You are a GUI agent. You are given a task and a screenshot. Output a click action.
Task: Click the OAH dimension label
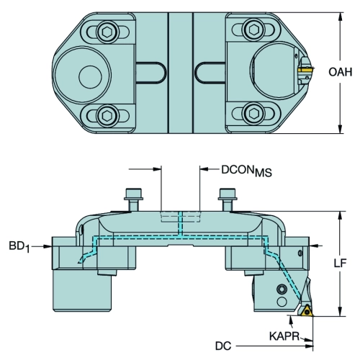pos(341,72)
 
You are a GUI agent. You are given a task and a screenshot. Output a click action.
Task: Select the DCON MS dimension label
pos(246,171)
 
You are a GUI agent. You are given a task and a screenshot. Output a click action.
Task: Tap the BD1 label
pos(19,247)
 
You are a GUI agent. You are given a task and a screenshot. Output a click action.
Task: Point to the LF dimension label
pos(341,264)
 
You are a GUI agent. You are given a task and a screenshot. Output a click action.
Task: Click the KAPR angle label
pos(284,336)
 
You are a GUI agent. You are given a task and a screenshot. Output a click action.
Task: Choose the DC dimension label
pos(223,346)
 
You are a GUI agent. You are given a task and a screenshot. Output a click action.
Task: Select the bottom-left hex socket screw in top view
pos(107,116)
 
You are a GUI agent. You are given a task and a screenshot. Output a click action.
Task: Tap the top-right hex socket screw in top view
pos(253,30)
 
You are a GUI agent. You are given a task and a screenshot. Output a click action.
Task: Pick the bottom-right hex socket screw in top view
pos(253,113)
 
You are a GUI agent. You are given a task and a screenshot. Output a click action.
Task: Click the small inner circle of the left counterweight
pos(90,77)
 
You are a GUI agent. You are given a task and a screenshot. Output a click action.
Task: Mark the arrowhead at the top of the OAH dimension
pos(340,17)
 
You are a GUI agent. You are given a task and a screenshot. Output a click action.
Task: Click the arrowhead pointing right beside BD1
pos(48,246)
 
